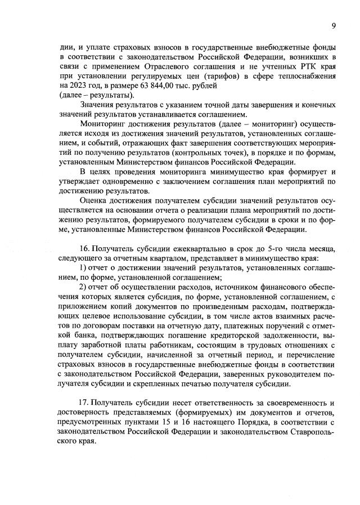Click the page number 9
[334, 25]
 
